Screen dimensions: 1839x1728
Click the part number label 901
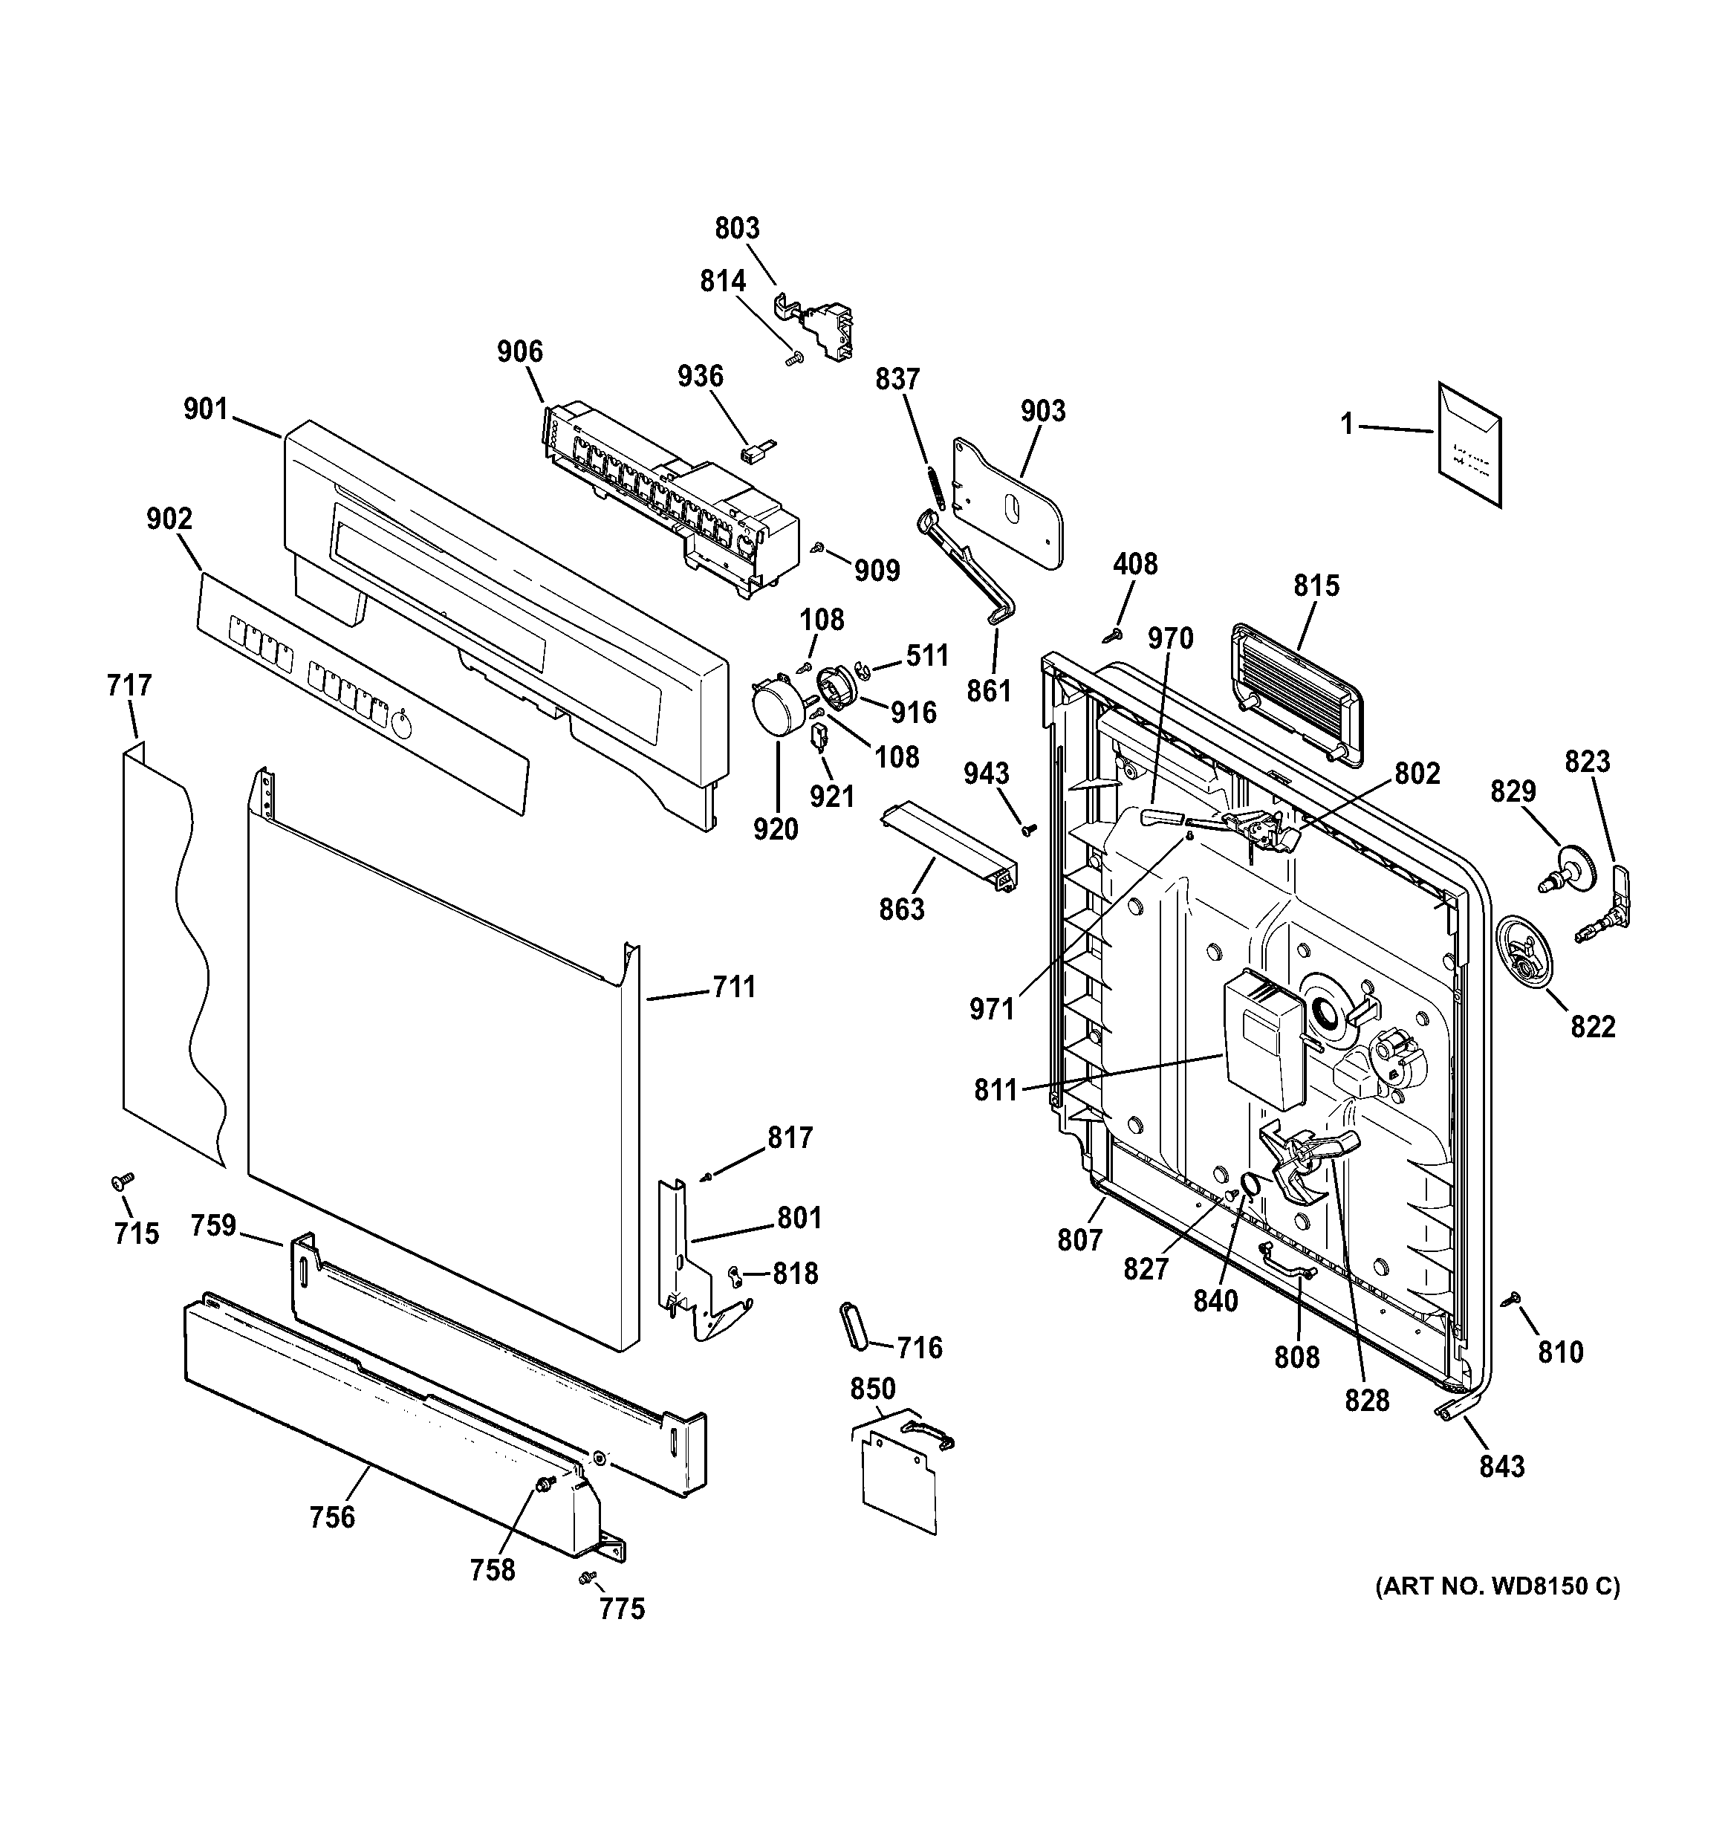point(205,409)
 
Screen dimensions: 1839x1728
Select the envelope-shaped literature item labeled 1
point(1469,445)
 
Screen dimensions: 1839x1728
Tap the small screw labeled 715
point(121,1181)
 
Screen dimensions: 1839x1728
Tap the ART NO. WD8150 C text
point(1495,1587)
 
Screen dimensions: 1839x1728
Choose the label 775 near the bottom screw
point(621,1609)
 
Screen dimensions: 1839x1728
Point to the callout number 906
point(520,351)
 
